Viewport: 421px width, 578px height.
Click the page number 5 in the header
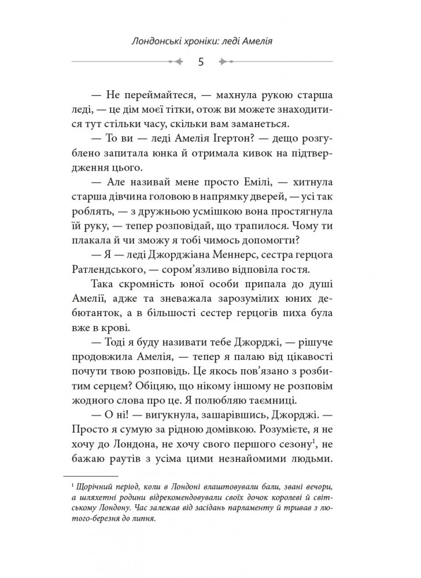[x=200, y=61]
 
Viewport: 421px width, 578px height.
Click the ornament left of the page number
[x=176, y=61]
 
